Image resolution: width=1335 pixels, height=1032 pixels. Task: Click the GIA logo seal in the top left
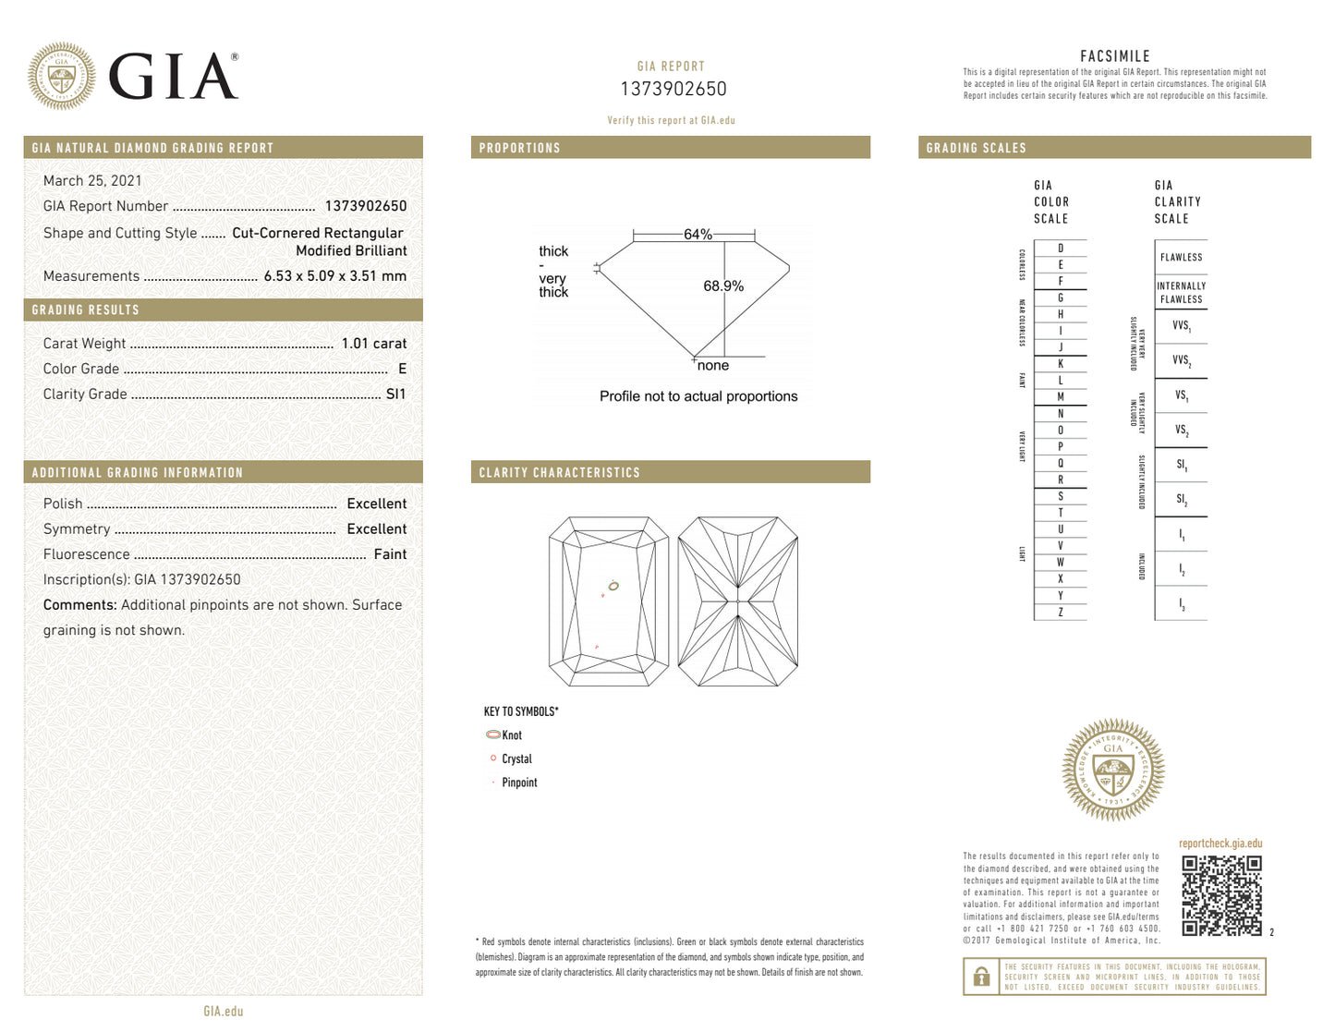pyautogui.click(x=61, y=77)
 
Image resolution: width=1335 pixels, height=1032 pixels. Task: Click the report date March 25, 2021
pyautogui.click(x=92, y=181)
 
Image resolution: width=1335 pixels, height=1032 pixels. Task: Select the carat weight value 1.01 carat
pyautogui.click(x=373, y=344)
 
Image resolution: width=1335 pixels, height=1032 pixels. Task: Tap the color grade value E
pyautogui.click(x=402, y=369)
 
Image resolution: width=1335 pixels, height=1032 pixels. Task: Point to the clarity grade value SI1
pyautogui.click(x=395, y=395)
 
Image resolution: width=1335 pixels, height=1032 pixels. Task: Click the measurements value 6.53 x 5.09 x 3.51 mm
pyautogui.click(x=334, y=276)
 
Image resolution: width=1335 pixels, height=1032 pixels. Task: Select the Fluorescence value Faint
pyautogui.click(x=390, y=554)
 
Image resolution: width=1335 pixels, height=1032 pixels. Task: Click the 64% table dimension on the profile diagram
pyautogui.click(x=698, y=235)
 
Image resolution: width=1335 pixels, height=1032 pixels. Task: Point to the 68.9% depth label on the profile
pyautogui.click(x=722, y=286)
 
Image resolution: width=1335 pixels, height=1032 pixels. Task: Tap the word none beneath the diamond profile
pyautogui.click(x=713, y=366)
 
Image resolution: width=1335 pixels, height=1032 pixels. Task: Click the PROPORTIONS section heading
pyautogui.click(x=519, y=148)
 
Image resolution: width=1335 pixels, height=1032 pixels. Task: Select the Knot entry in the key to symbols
pyautogui.click(x=512, y=735)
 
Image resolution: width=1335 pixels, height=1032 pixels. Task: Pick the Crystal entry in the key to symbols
pyautogui.click(x=516, y=759)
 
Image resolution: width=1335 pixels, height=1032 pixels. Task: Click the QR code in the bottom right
pyautogui.click(x=1221, y=895)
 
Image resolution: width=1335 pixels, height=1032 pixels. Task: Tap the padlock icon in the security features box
pyautogui.click(x=981, y=977)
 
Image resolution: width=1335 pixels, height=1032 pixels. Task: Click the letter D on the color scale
pyautogui.click(x=1061, y=249)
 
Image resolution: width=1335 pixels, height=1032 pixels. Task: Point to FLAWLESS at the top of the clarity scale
pyautogui.click(x=1181, y=258)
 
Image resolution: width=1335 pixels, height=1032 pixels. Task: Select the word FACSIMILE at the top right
pyautogui.click(x=1115, y=56)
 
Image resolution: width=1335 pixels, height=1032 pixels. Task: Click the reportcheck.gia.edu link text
pyautogui.click(x=1220, y=844)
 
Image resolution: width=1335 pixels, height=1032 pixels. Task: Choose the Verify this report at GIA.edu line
pyautogui.click(x=671, y=120)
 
